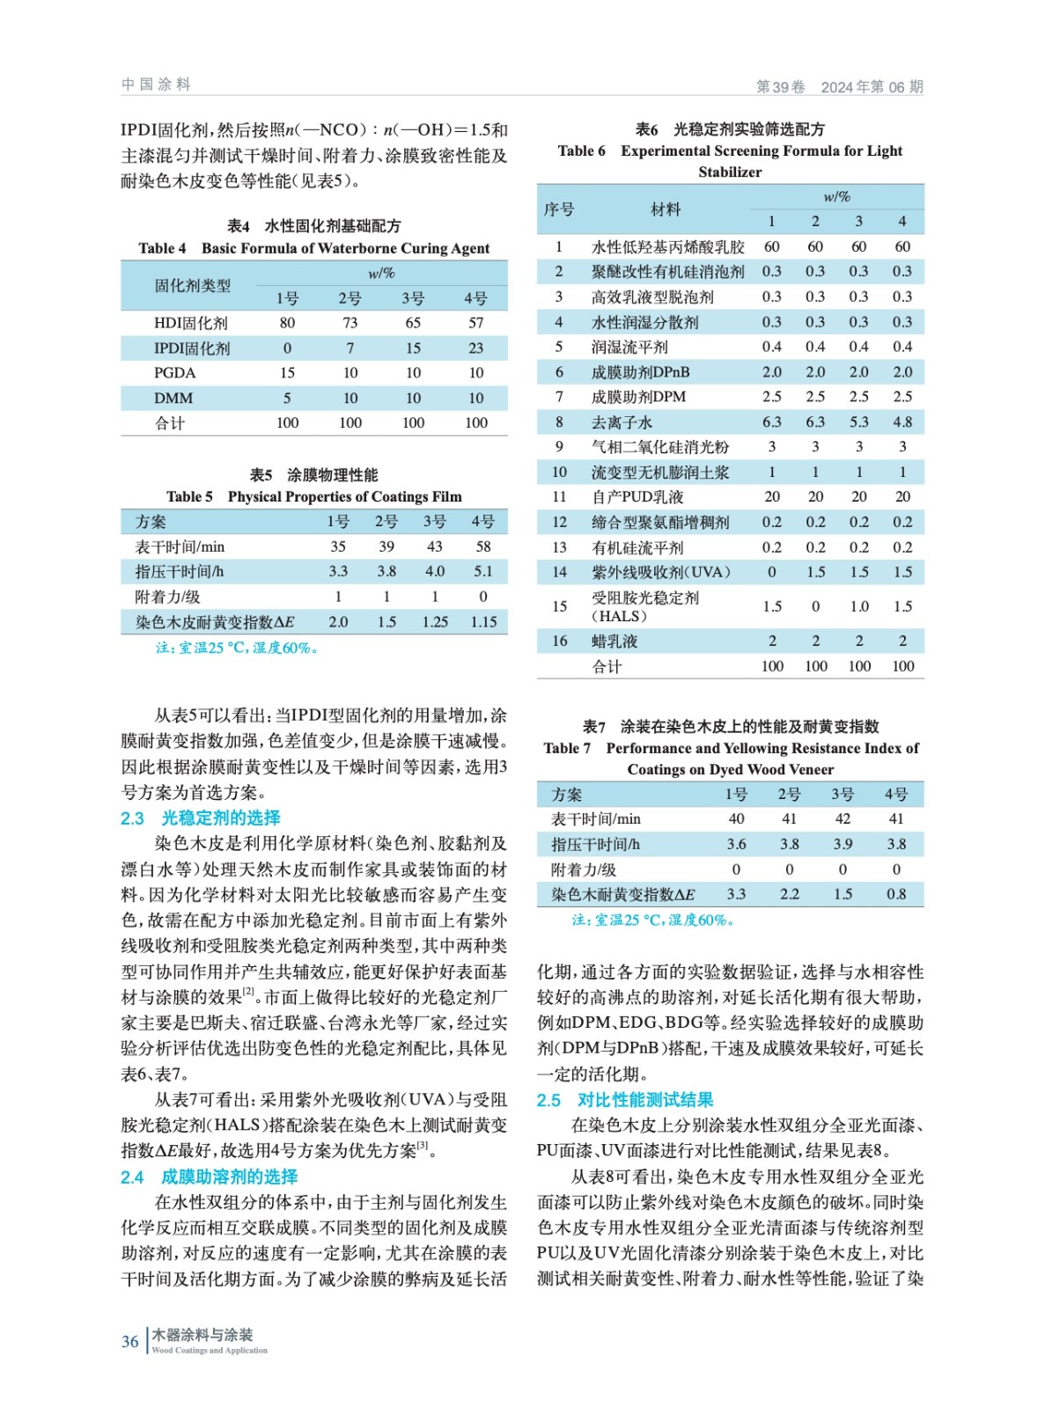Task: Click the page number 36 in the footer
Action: coord(129,1341)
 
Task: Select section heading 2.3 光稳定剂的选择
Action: coord(201,818)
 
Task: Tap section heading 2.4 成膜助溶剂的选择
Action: coord(210,1177)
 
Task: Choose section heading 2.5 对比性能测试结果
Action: coord(625,1100)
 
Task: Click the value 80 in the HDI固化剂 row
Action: coord(287,323)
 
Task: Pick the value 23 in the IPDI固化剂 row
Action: coord(476,348)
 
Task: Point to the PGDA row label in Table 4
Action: coord(174,373)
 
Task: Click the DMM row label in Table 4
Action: coord(173,398)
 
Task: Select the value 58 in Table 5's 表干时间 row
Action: coord(483,546)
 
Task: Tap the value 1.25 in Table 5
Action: coord(435,621)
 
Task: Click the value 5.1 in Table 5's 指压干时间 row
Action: coord(483,571)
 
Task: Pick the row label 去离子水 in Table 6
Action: coord(622,422)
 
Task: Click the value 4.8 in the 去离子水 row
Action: coord(902,422)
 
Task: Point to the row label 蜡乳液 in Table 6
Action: coord(614,641)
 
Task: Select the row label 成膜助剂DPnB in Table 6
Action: coord(640,372)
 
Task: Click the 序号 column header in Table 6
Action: coord(559,209)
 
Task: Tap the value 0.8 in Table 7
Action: coord(896,894)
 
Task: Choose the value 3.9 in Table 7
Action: coord(843,844)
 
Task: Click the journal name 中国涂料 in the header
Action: coord(156,84)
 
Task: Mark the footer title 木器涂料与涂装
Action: coord(202,1335)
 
